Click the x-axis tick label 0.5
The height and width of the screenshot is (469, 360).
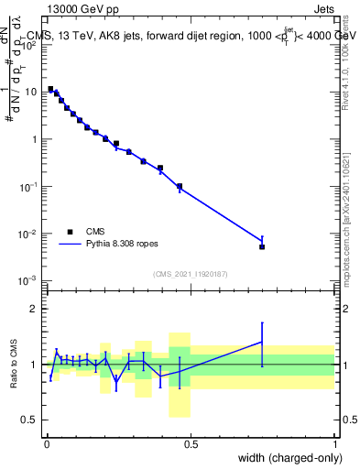[191, 444]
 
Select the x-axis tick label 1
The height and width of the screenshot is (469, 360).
[335, 444]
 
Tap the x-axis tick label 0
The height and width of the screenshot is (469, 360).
[47, 444]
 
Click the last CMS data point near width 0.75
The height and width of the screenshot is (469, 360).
[262, 246]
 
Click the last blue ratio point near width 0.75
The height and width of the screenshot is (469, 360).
[262, 342]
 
